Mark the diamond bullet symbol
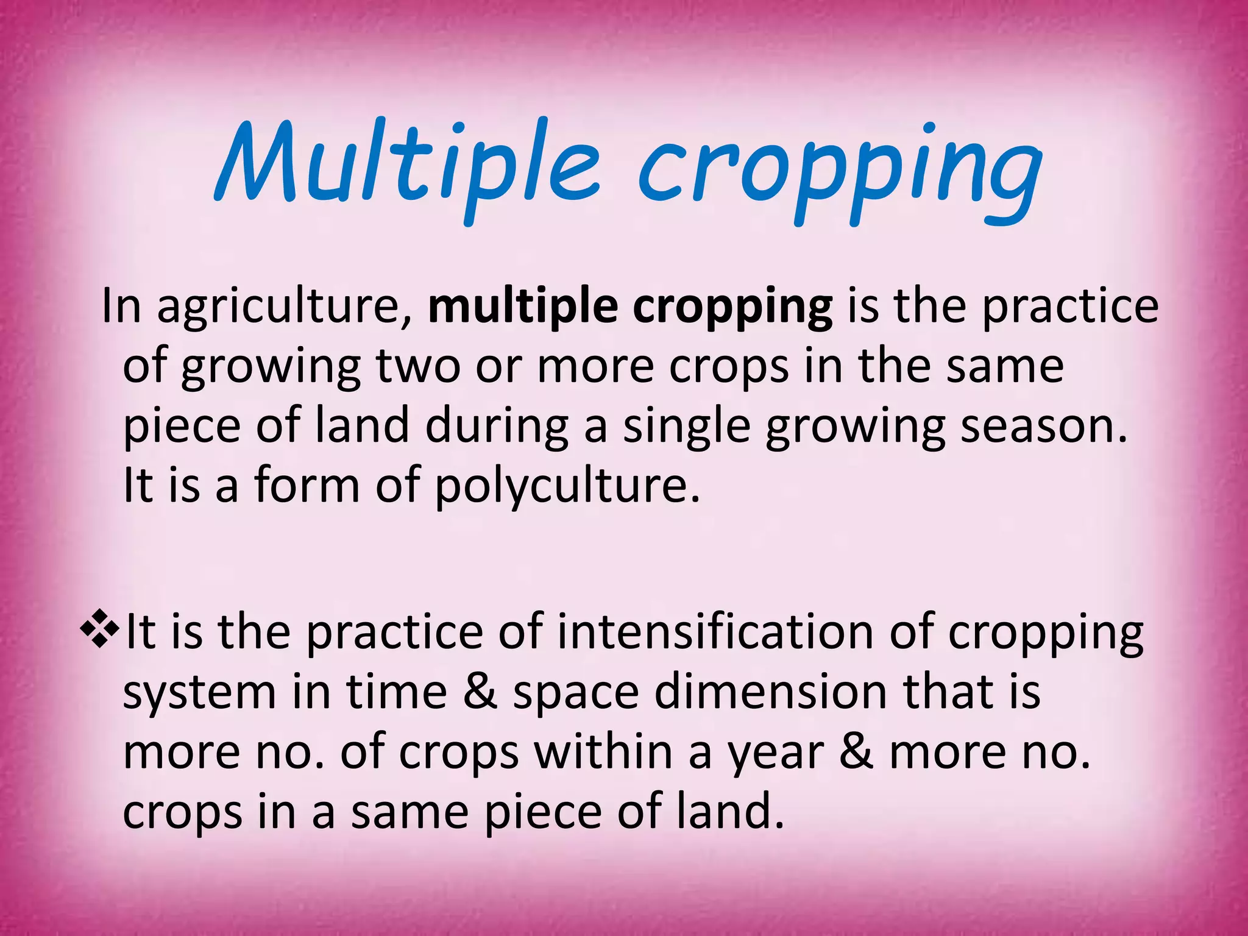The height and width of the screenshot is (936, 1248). click(99, 631)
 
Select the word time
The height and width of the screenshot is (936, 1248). click(396, 692)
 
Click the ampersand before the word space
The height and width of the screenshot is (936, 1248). click(480, 692)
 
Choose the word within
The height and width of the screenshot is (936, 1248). click(604, 752)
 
